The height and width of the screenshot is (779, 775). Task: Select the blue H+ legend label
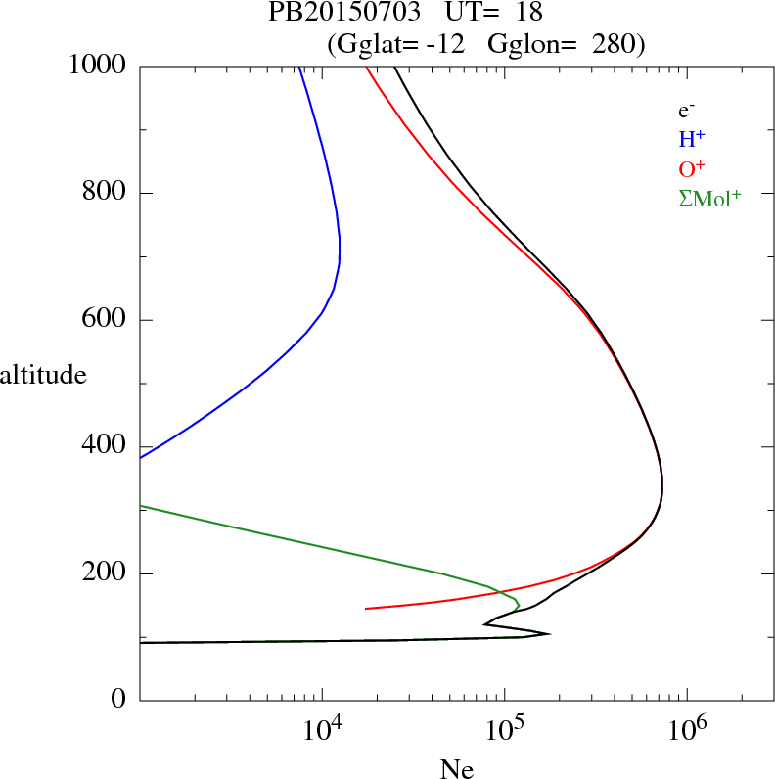692,140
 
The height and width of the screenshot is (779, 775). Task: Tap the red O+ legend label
692,169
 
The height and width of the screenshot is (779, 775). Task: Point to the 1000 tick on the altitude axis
100,66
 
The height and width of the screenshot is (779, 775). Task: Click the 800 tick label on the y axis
106,193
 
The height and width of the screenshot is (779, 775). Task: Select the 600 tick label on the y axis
106,320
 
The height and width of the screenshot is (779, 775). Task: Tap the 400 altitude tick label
106,446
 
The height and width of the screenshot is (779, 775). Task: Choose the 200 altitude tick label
106,573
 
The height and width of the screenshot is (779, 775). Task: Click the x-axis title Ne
456,769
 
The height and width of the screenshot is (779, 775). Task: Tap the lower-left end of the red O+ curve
366,609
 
